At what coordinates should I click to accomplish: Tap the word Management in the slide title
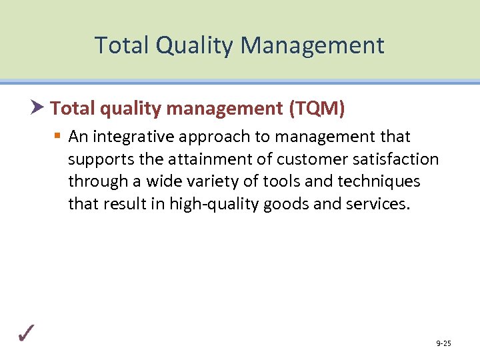coord(313,45)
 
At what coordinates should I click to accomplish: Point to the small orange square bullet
coord(58,137)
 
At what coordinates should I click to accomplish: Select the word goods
coord(287,204)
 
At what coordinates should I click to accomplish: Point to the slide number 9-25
coord(443,343)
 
